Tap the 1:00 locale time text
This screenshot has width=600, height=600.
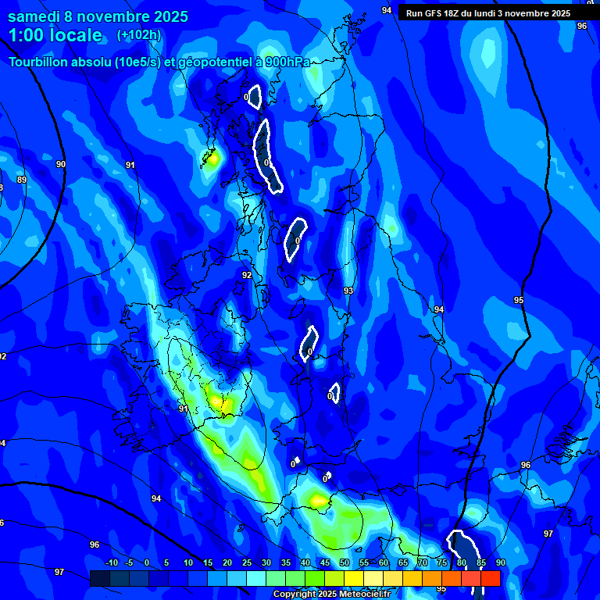click(x=55, y=35)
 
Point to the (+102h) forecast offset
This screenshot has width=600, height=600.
click(x=139, y=34)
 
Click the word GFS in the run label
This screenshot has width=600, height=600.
click(x=431, y=12)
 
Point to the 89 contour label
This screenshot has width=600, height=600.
click(x=22, y=180)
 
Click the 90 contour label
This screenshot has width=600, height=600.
click(x=61, y=164)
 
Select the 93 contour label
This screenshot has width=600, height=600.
click(x=348, y=291)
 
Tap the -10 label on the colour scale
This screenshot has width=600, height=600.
click(x=111, y=563)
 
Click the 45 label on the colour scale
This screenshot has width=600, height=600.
click(x=325, y=563)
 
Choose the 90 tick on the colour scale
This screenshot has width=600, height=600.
click(x=501, y=563)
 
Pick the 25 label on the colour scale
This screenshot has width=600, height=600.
click(x=247, y=563)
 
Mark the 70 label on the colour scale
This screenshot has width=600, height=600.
click(x=423, y=563)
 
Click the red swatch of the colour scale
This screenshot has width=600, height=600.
click(x=491, y=578)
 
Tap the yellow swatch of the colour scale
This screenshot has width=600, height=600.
click(x=354, y=578)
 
